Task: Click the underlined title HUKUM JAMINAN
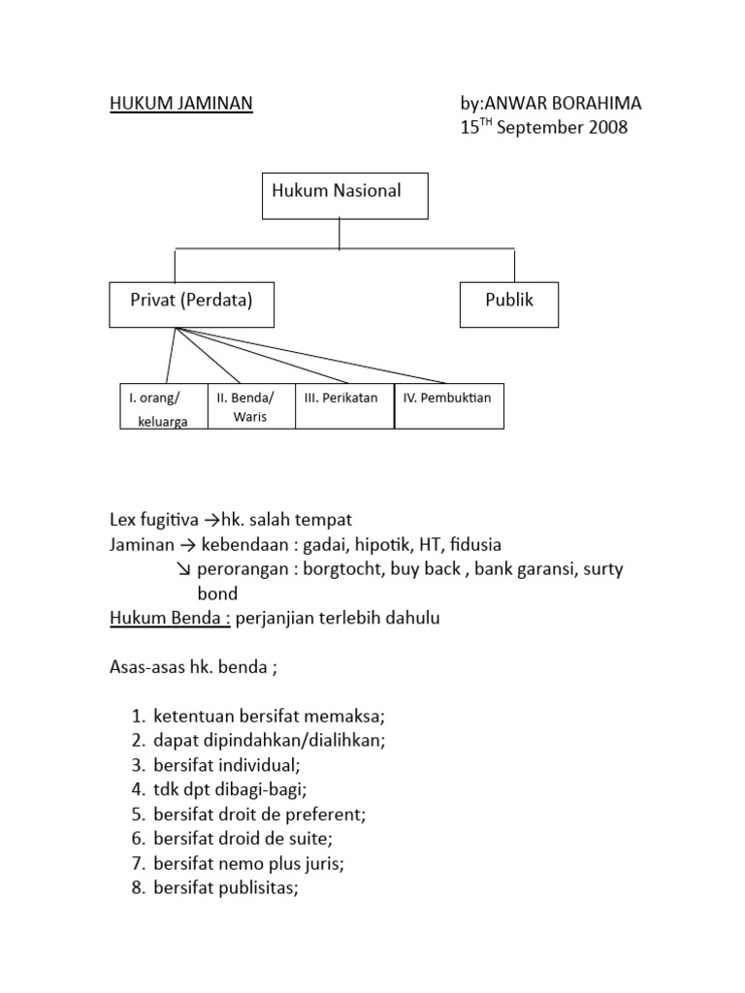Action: pos(180,104)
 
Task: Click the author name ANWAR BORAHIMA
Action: pos(564,104)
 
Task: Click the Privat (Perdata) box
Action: pos(191,304)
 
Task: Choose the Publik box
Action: pos(508,304)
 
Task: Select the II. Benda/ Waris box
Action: pos(250,407)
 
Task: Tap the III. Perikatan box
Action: pos(343,405)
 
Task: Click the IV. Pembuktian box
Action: pos(448,405)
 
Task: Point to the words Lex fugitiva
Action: pos(150,520)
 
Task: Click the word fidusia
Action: pos(471,544)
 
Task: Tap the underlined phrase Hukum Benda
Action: pos(169,619)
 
